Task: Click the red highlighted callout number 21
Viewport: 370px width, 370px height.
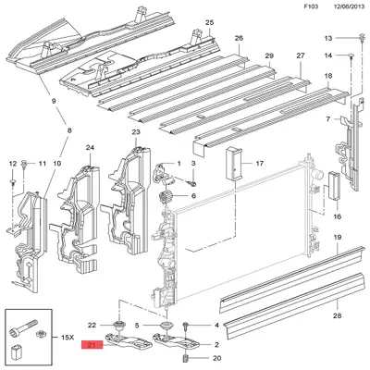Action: [x=92, y=345]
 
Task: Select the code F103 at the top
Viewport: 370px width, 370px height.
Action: [x=311, y=6]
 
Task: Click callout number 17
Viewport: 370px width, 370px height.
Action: [x=260, y=163]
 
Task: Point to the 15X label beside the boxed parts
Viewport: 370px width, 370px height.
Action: [x=68, y=338]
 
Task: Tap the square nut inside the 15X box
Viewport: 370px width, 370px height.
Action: [x=40, y=334]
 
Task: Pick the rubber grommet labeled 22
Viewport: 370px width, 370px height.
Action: [x=118, y=326]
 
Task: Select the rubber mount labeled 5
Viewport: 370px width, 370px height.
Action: [x=166, y=326]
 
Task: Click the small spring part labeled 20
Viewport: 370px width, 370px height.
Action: [x=186, y=358]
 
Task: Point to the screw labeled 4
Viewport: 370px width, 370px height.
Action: [x=186, y=326]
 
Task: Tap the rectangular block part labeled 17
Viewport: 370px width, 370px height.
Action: [x=234, y=163]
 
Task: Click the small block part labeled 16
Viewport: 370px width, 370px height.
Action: [x=334, y=186]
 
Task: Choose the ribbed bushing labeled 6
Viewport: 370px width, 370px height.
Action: [x=163, y=197]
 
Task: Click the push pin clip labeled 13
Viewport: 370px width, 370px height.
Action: [x=361, y=38]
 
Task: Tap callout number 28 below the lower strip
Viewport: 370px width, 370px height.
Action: [x=338, y=315]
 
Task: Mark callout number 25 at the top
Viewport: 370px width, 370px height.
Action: [x=209, y=22]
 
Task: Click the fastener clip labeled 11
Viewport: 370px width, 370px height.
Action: [x=24, y=164]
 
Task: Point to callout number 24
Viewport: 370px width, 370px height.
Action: [x=90, y=148]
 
